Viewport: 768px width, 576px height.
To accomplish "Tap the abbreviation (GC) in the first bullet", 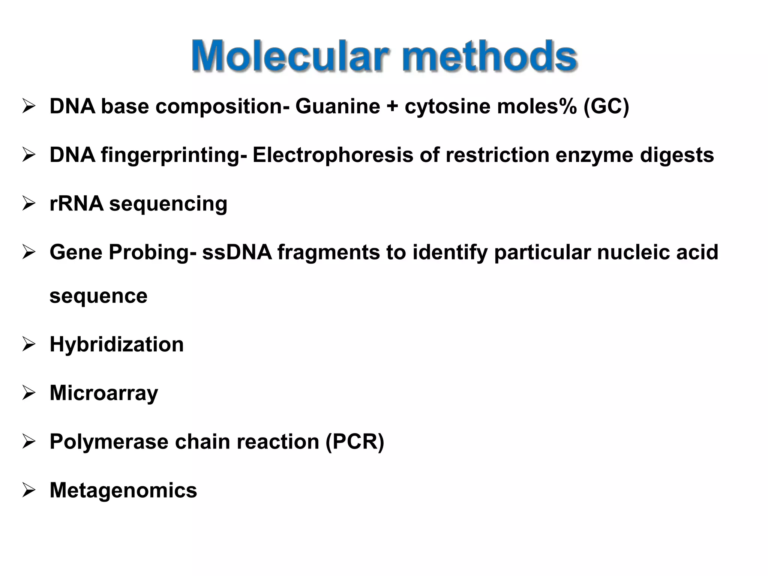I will pos(606,106).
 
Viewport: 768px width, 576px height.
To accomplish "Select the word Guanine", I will pos(337,106).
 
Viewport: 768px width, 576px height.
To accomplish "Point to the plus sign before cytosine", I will pos(392,106).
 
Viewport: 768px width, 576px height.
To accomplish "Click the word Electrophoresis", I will pos(333,155).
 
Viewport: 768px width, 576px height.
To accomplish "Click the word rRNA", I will pos(76,204).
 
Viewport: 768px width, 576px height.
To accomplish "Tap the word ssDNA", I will pos(237,252).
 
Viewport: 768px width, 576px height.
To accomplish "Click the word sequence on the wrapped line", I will pos(98,296).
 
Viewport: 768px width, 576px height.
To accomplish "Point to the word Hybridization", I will pos(117,344).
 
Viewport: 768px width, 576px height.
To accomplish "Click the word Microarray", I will pos(103,393).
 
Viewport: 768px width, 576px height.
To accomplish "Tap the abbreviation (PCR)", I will pos(355,442).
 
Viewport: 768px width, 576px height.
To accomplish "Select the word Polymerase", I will pos(109,442).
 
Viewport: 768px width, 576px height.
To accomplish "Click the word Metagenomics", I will pos(123,490).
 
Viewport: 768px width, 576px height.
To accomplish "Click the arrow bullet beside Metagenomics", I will pos(29,490).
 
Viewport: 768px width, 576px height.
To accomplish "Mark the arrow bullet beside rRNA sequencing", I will pos(29,204).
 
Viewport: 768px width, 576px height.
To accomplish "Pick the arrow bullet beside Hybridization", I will pos(29,344).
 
